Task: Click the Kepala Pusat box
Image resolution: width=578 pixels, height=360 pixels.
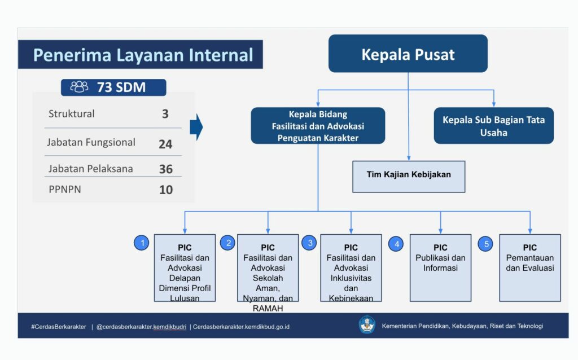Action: tap(408, 54)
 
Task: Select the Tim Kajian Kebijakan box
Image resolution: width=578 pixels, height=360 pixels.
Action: tap(409, 177)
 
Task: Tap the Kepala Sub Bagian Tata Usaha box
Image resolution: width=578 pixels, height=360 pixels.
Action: tap(493, 126)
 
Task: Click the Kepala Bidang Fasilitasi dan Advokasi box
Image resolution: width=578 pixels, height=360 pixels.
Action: tap(318, 126)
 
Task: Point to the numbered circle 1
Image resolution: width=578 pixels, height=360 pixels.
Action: tap(142, 243)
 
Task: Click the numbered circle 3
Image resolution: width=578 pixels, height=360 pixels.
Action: tap(309, 243)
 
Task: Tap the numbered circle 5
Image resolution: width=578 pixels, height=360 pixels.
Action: tap(485, 244)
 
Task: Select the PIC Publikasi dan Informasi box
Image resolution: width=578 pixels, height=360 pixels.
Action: tap(440, 268)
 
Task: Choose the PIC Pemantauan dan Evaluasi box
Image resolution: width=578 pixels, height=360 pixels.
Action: tap(529, 268)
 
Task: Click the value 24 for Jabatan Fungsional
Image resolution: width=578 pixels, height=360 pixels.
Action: tap(165, 144)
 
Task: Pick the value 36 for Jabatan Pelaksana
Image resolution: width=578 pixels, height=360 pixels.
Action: tap(166, 169)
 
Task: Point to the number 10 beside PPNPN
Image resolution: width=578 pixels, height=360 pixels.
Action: tap(166, 190)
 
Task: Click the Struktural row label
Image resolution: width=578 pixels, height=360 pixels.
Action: tap(72, 114)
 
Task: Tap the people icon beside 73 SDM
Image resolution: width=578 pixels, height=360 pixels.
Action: tap(79, 87)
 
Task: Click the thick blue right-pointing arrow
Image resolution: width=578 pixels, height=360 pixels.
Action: tap(196, 127)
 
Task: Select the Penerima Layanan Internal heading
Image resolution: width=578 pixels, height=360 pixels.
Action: tap(143, 55)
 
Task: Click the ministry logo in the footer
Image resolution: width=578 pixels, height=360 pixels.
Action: tap(367, 325)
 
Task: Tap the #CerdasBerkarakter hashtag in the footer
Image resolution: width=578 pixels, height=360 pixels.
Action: tap(59, 327)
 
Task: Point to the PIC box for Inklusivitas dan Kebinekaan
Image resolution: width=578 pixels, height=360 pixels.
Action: tap(351, 268)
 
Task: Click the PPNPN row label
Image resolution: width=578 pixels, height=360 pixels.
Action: tap(65, 190)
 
